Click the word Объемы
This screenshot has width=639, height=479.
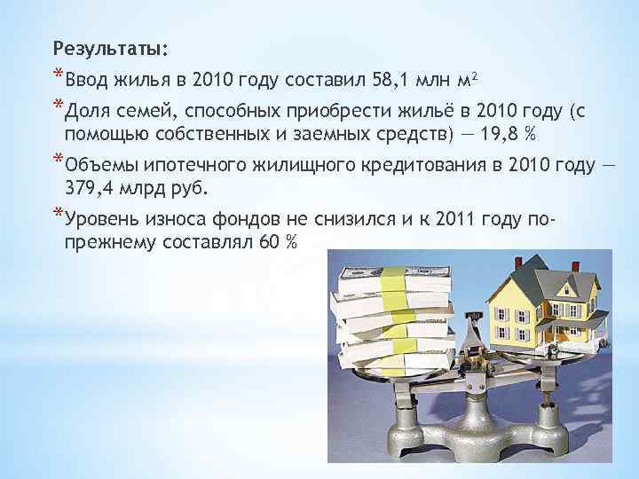click(95, 166)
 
